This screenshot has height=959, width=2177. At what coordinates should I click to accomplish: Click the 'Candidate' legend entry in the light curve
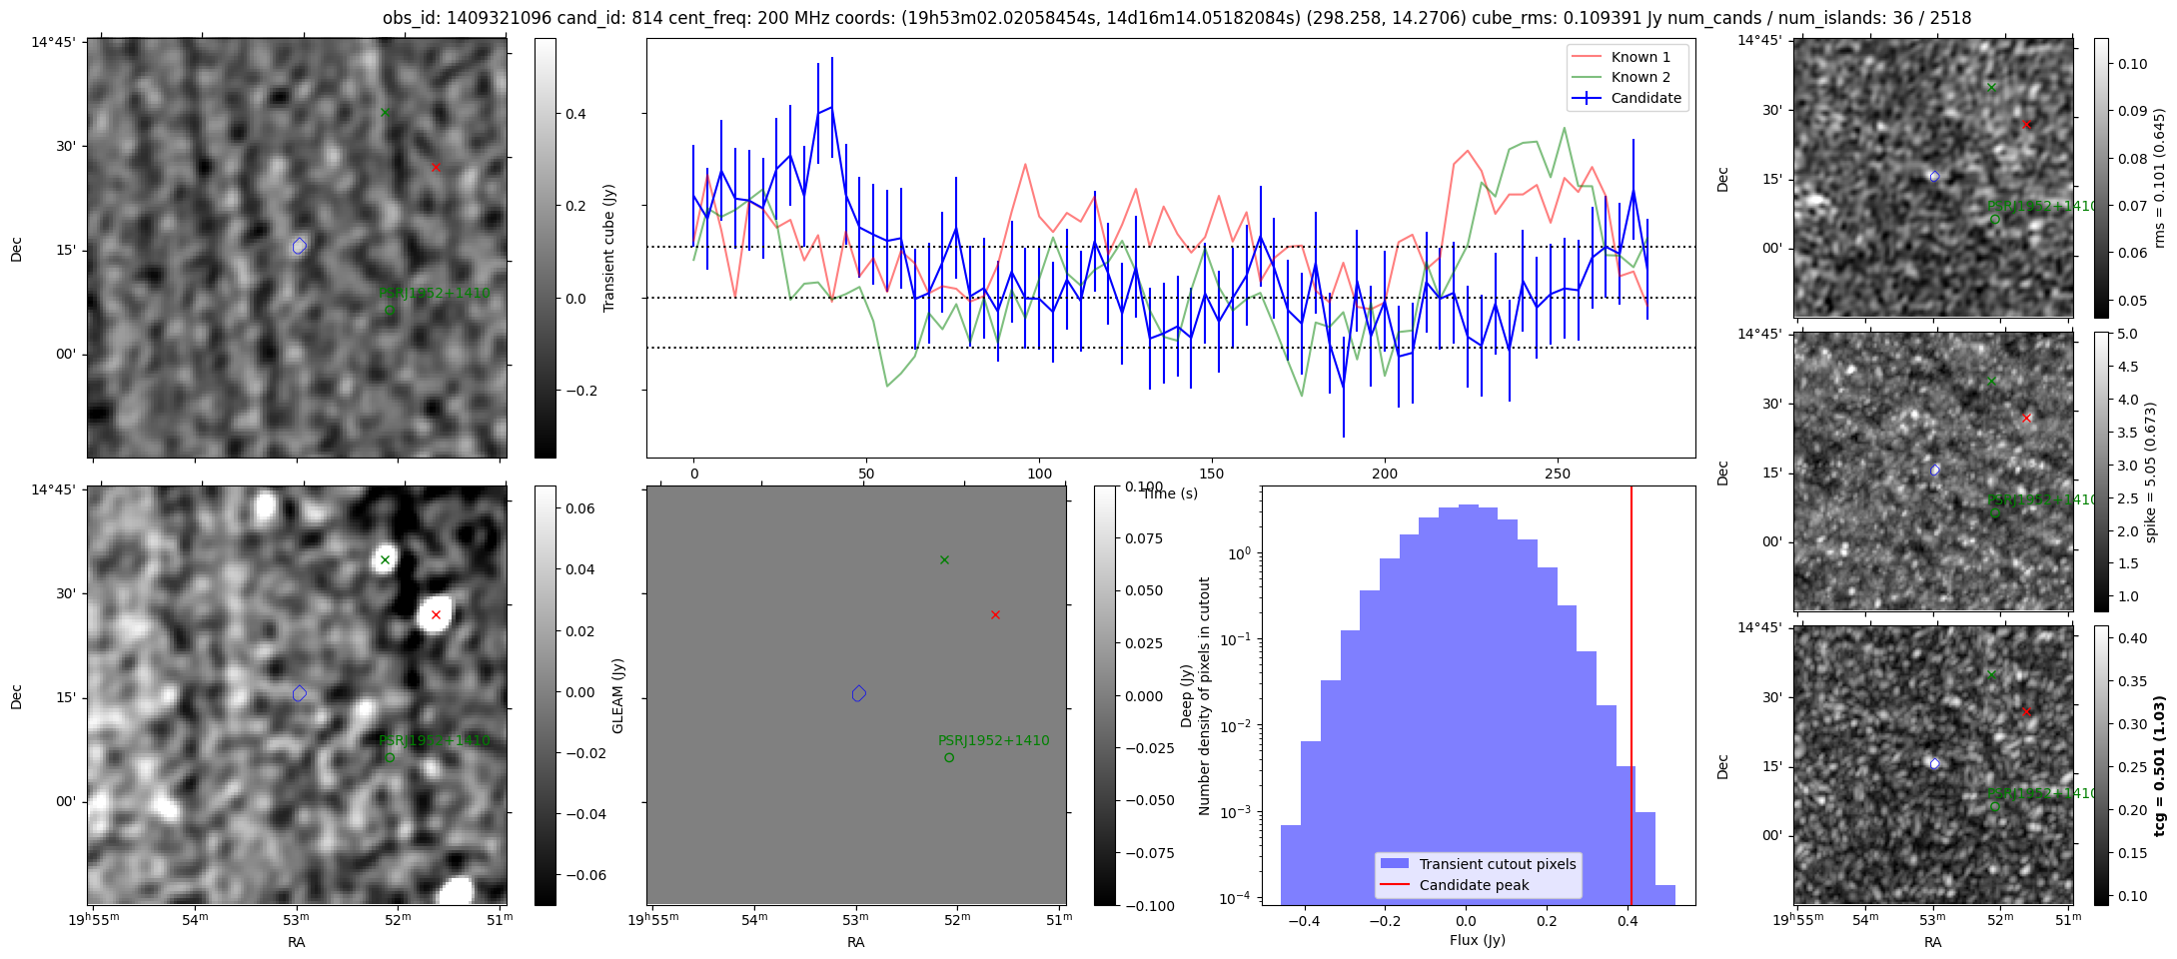coord(1644,98)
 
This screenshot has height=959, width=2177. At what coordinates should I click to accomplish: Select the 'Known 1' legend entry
coord(1640,57)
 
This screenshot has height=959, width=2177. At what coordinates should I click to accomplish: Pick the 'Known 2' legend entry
coord(1640,77)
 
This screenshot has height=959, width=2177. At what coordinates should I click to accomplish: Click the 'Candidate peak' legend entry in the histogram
coord(1474,885)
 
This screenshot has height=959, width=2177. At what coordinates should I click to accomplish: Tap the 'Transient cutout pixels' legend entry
coord(1497,864)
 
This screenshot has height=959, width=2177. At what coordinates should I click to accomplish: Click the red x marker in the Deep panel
coord(995,614)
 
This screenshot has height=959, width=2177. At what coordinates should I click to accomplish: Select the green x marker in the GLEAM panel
coord(385,559)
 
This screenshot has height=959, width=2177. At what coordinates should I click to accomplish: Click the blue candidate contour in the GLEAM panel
coord(300,693)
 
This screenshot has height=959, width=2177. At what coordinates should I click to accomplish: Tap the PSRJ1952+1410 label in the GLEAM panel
coord(434,740)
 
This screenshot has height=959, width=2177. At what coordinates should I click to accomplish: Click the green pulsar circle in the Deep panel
coord(949,757)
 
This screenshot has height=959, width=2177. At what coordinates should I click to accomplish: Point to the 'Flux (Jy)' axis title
coord(1477,940)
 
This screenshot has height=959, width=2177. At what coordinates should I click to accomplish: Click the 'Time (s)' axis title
coord(1170,493)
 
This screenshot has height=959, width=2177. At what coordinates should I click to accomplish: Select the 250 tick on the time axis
coord(1558,474)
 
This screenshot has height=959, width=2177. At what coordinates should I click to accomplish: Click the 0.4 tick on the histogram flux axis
coord(1629,924)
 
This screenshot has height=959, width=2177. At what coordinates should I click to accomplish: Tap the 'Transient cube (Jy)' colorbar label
coord(609,248)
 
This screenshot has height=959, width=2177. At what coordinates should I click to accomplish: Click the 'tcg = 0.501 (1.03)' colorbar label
coord(2158,765)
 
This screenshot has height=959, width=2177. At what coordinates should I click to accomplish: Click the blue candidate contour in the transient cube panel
coord(300,246)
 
